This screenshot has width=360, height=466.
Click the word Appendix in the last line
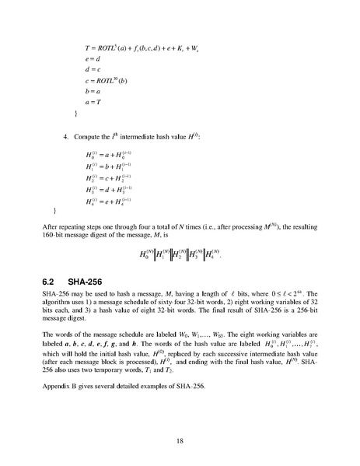click(x=56, y=387)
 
